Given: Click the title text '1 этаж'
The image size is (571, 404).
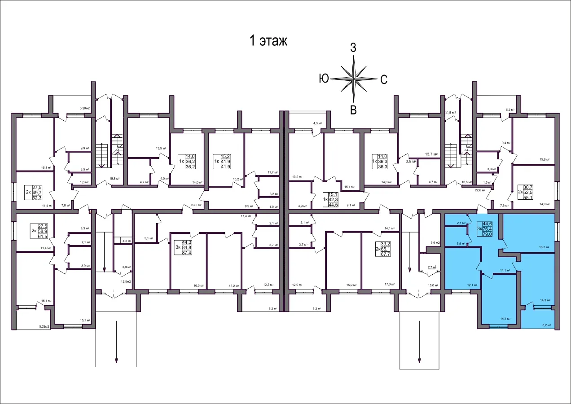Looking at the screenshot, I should tap(268, 41).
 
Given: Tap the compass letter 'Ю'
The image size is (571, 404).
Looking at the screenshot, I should tap(324, 79).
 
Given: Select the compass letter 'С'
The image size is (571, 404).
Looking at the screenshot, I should tap(384, 80).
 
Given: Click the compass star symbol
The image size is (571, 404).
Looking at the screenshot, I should tap(354, 79).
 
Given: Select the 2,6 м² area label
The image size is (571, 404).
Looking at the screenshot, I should tap(450, 113).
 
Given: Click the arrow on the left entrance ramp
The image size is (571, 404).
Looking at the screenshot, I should tap(116, 341).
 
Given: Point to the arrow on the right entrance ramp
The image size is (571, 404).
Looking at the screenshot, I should tap(419, 341).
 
